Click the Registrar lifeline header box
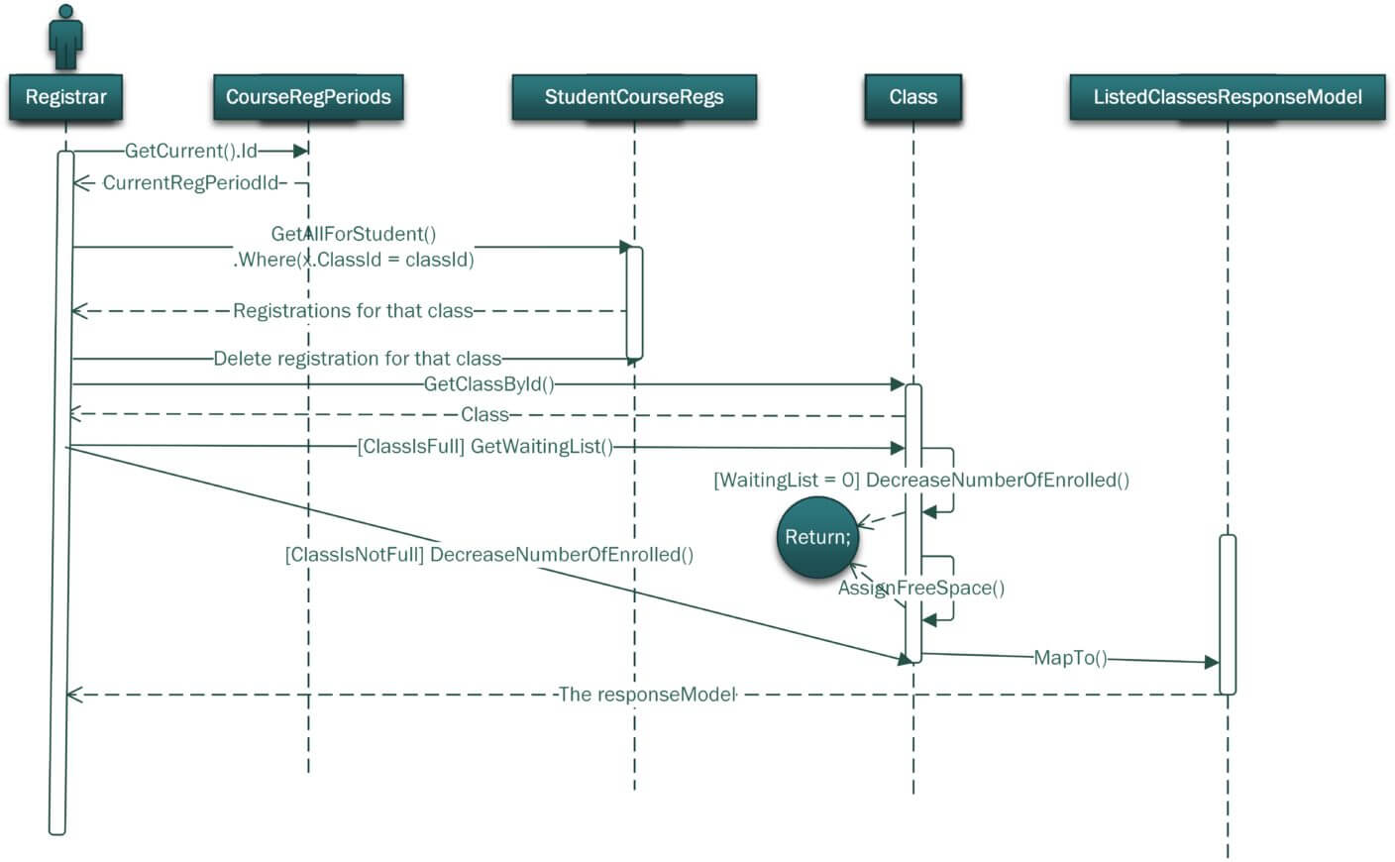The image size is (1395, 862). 65,97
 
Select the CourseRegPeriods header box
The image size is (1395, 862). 308,97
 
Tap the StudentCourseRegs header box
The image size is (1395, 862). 634,97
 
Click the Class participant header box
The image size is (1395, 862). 912,97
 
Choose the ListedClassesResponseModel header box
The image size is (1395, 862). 1227,97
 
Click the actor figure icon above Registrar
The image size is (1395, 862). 65,38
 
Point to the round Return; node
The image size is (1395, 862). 817,537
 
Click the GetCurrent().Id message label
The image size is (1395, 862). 191,151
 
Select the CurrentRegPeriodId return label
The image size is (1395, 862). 191,182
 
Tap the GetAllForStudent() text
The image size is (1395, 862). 354,234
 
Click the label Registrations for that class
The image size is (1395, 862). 354,311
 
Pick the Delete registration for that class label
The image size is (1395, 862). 358,359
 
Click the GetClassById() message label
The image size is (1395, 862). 488,384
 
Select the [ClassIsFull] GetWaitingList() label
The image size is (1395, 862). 485,447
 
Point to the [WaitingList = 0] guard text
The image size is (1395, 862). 787,481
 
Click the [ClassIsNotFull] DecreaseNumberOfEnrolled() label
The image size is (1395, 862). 488,555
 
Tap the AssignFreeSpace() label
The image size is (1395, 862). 921,589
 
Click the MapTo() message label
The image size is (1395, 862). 1070,658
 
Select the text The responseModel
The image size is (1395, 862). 647,695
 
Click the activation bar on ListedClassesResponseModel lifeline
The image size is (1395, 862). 1228,614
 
